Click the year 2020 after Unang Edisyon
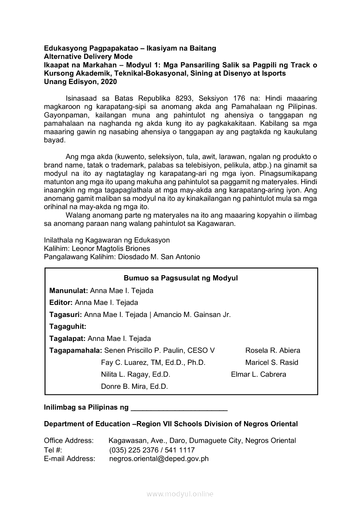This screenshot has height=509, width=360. pyautogui.click(x=109, y=81)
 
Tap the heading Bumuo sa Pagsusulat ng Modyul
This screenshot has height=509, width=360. pyautogui.click(x=180, y=278)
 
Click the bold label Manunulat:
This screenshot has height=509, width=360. pyautogui.click(x=68, y=290)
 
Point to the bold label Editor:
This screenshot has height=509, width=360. pyautogui.click(x=61, y=302)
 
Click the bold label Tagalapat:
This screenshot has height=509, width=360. pyautogui.click(x=68, y=338)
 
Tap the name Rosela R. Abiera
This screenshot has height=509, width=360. pyautogui.click(x=272, y=351)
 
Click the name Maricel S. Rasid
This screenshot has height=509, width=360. pyautogui.click(x=272, y=362)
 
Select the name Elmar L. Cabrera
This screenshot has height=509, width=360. pyautogui.click(x=258, y=374)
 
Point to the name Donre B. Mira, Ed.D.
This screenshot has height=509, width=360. pyautogui.click(x=134, y=386)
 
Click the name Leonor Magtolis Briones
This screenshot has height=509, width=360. pyautogui.click(x=111, y=249)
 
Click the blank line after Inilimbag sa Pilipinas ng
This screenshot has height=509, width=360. pyautogui.click(x=179, y=408)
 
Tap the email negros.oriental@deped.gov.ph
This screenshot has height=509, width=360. pyautogui.click(x=159, y=458)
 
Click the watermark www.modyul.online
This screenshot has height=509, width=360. pyautogui.click(x=180, y=494)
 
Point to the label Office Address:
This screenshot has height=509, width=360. pyautogui.click(x=68, y=441)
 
